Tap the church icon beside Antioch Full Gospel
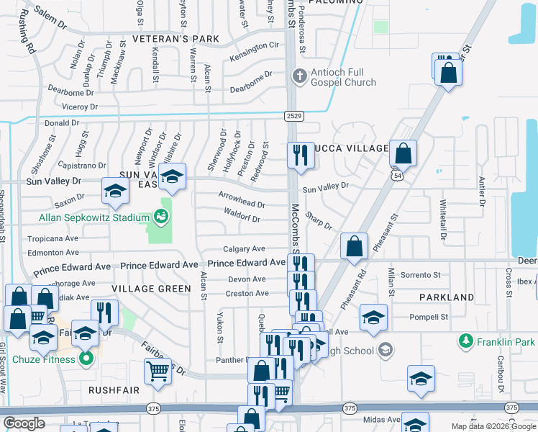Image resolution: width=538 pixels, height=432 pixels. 298,74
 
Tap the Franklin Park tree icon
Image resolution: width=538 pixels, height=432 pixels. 466,341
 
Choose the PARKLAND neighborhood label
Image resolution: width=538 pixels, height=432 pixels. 447,297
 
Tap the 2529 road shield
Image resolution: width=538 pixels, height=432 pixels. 293,114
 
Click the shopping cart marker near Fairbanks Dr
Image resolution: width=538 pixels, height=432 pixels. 157,372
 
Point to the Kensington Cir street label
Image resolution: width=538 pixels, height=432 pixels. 254,45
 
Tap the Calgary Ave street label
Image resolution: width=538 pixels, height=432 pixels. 244,248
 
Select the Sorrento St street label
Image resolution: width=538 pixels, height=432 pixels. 420,275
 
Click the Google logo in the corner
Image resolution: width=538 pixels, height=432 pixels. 24,423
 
